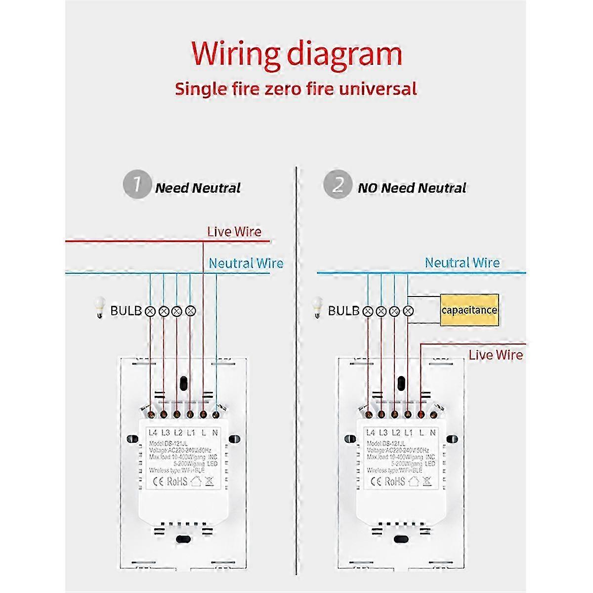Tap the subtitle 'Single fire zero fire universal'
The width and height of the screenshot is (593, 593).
coord(296,89)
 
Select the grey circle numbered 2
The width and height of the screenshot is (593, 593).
coord(337,185)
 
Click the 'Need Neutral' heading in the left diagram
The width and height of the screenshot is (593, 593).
coord(198,188)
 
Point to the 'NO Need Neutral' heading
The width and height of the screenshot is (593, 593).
coord(412,188)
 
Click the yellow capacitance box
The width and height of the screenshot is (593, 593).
coord(469,310)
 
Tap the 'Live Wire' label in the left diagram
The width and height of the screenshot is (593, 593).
coord(234,232)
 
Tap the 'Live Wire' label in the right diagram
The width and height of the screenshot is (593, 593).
coord(496,355)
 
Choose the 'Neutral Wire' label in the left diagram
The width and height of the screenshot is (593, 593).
coord(246,263)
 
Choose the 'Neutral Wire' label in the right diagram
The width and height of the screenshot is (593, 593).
coord(462,263)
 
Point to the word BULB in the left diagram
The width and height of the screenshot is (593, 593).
coord(126,311)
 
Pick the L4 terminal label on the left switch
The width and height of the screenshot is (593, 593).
coord(153,433)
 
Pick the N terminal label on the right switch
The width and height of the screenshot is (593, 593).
coord(433,433)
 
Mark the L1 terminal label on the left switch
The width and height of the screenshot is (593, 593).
coord(191,433)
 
